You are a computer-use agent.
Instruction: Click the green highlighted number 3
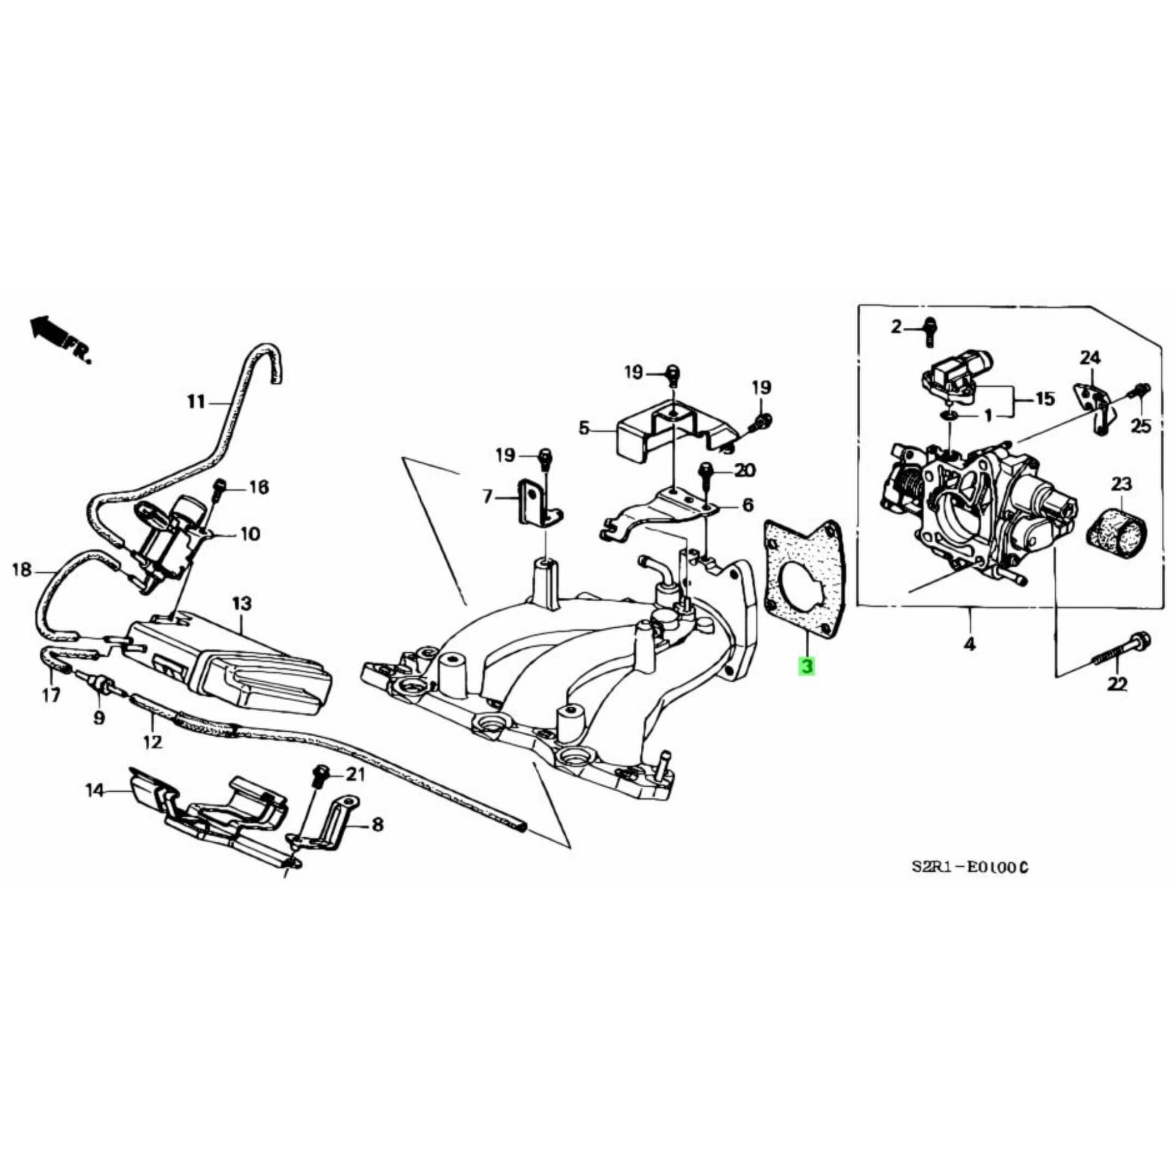pyautogui.click(x=807, y=667)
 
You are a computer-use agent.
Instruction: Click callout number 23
pyautogui.click(x=1121, y=484)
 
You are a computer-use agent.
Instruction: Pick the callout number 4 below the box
pyautogui.click(x=970, y=644)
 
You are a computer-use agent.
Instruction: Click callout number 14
pyautogui.click(x=94, y=791)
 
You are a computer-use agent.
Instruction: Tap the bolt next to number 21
pyautogui.click(x=320, y=776)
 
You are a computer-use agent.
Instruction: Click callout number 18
pyautogui.click(x=21, y=571)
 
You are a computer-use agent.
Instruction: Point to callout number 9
pyautogui.click(x=99, y=718)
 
